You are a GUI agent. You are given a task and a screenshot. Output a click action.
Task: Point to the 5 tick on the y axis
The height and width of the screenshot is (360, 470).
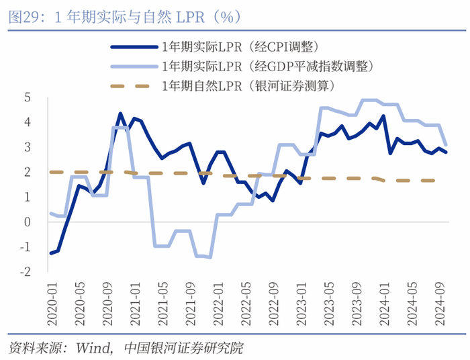point(28,97)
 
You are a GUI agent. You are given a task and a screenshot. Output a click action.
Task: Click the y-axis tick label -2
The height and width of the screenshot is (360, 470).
point(26,271)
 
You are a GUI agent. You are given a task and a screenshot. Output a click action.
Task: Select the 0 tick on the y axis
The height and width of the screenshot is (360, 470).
point(28,222)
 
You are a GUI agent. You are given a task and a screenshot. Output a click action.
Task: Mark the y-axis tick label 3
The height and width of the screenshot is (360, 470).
point(28,147)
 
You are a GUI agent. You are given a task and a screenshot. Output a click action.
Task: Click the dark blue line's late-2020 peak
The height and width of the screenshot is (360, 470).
point(120,114)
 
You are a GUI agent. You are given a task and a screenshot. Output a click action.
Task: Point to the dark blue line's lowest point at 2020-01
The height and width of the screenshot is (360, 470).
point(50,253)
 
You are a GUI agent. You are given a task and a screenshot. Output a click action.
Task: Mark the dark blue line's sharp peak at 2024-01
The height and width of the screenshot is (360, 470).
point(383,116)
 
